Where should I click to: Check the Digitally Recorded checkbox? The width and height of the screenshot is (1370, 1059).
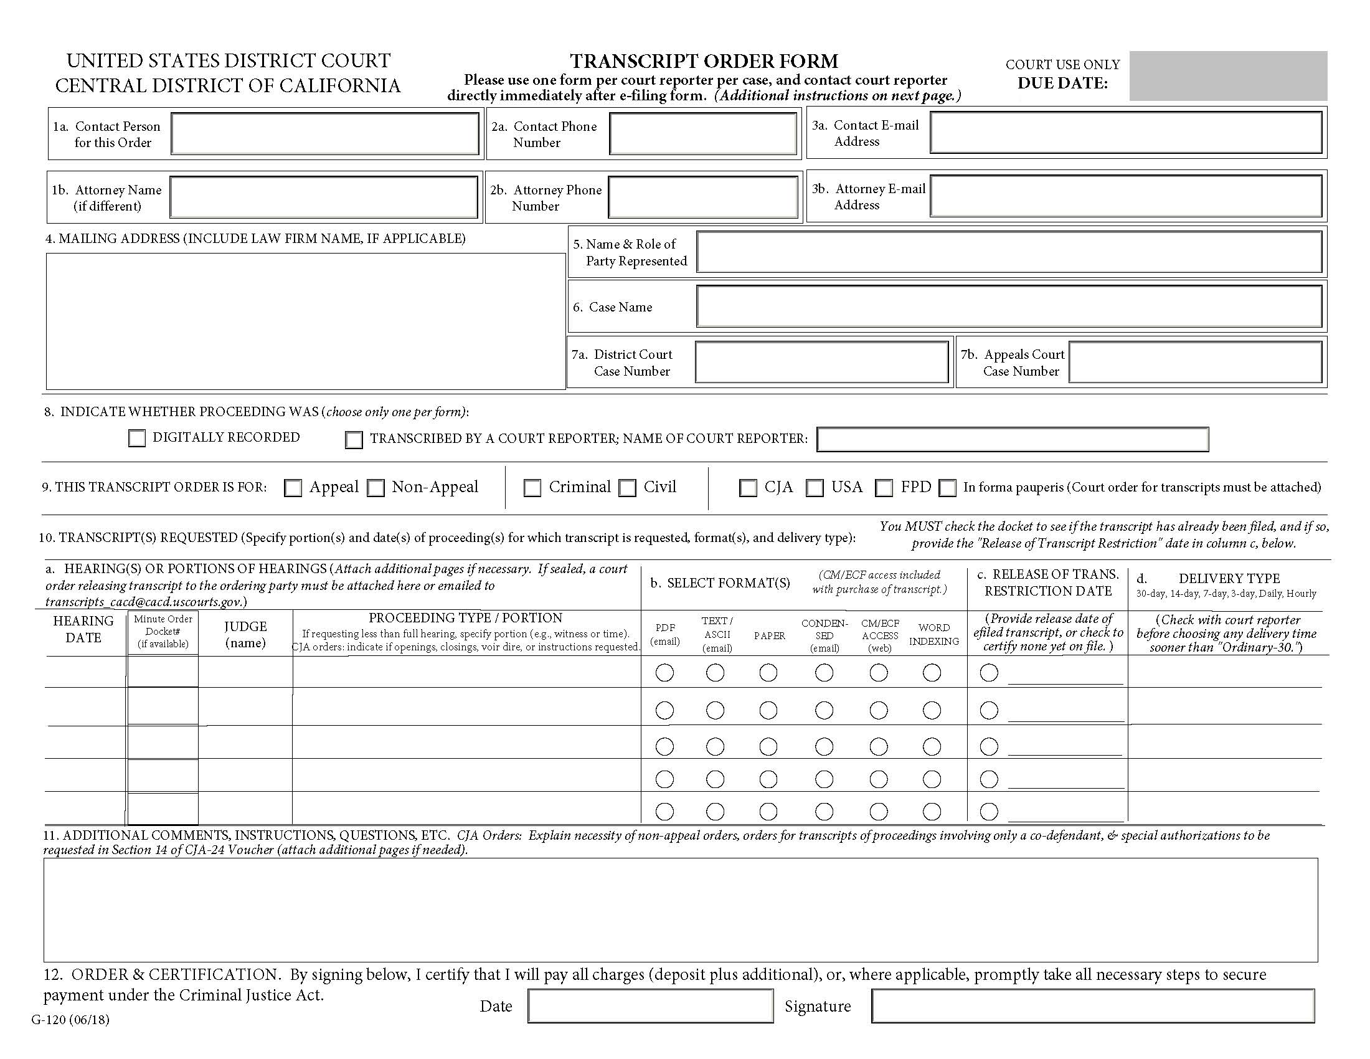tap(137, 438)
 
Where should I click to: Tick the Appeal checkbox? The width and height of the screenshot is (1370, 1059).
tap(293, 488)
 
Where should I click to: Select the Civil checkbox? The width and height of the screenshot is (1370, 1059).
tap(627, 488)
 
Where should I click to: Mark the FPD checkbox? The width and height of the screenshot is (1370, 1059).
tap(884, 488)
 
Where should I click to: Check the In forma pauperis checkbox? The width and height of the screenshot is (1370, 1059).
tap(947, 488)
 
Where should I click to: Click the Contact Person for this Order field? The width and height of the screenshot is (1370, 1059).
tap(325, 134)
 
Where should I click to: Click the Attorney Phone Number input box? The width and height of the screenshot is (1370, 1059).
tap(702, 197)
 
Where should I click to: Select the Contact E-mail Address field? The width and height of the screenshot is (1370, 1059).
tap(1126, 132)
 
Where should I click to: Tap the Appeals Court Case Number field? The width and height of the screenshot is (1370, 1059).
tap(1196, 362)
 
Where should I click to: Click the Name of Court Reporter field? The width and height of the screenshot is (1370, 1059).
tap(1013, 439)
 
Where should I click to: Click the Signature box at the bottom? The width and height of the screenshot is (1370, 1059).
tap(1092, 1006)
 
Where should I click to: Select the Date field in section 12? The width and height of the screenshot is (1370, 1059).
tap(651, 1006)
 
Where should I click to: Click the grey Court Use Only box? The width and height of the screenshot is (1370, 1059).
tap(1227, 76)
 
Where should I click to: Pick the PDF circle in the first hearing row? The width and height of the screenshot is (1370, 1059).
tap(664, 673)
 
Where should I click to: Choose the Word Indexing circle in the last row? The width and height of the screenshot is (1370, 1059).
tap(932, 811)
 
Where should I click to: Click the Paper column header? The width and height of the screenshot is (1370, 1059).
tap(769, 635)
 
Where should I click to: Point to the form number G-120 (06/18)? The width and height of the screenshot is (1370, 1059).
tap(70, 1020)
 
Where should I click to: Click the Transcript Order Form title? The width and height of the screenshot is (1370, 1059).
tap(704, 61)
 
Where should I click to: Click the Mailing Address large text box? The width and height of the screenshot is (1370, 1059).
tap(306, 321)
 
